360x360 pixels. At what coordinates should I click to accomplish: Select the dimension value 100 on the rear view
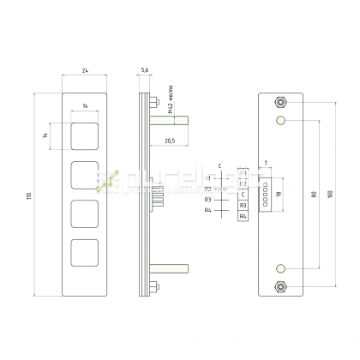330,195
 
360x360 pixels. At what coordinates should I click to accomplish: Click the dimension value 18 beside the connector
278,195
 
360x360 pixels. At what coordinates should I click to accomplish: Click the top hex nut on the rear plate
280,101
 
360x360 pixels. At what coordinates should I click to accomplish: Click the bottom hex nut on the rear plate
280,286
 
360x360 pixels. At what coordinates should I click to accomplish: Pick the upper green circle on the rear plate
280,121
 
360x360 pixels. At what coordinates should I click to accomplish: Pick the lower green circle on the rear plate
280,267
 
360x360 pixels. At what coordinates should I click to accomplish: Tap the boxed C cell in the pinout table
243,195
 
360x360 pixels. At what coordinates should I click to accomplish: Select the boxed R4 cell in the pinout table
243,216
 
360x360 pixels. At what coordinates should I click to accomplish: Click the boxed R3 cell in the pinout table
243,206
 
